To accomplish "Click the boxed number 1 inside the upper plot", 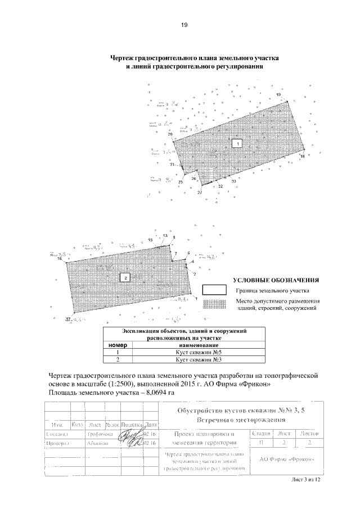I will pos(238,144).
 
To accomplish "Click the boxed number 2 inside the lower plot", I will pos(125,277).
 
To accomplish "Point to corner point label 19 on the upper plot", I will pos(278,94).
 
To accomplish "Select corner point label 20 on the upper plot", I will pos(170,134).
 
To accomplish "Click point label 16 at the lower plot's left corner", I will pos(60,258).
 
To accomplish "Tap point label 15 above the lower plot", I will pos(150,240).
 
